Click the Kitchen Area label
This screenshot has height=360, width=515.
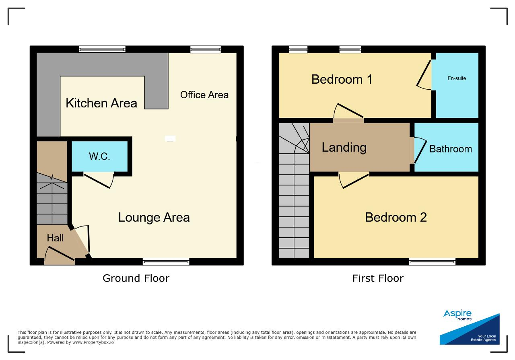point(101,103)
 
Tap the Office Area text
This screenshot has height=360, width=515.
point(204,95)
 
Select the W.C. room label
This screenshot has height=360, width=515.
point(99,156)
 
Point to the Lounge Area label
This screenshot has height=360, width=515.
point(154,218)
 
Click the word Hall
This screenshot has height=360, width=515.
point(55,238)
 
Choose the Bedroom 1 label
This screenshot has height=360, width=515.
point(342,80)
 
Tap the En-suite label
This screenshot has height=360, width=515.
point(457,78)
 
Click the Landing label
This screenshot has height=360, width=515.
point(344,148)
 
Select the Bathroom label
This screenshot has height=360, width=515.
point(451,149)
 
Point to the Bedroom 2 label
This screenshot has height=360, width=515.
point(396,218)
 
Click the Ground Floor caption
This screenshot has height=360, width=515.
point(136,278)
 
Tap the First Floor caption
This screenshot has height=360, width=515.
point(378,278)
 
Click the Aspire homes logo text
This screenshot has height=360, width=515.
point(457,315)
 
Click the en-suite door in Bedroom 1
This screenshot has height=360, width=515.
point(424,75)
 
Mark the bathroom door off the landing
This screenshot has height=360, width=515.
point(420,150)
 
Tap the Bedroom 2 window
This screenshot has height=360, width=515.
point(432,261)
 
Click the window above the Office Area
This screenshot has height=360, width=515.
point(206,49)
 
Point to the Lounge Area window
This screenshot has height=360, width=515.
point(166,261)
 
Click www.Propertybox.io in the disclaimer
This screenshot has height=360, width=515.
point(93,343)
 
